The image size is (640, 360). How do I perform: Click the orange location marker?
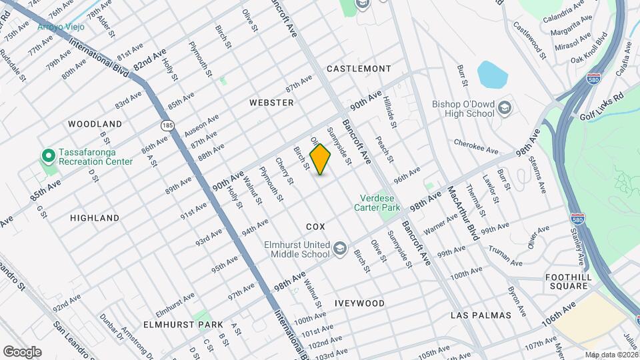pos(321,159)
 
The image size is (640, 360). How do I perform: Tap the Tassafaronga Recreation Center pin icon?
pos(48,155)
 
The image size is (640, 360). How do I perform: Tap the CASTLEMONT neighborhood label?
pos(359,69)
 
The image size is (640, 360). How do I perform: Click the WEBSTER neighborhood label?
pos(271,103)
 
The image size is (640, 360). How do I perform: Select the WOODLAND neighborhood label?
pos(95,124)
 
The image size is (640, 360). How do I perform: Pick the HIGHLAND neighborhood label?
pos(95,217)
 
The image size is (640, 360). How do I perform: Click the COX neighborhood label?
pos(315,227)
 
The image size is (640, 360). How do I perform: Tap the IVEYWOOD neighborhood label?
pos(361,303)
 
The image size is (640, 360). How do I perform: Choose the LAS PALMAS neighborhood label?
pos(481,315)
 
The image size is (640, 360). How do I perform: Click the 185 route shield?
pos(166,124)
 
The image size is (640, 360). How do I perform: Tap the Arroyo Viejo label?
pos(61,27)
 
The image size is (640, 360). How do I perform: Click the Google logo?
pos(22,351)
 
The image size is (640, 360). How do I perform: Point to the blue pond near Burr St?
pos(493,75)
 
